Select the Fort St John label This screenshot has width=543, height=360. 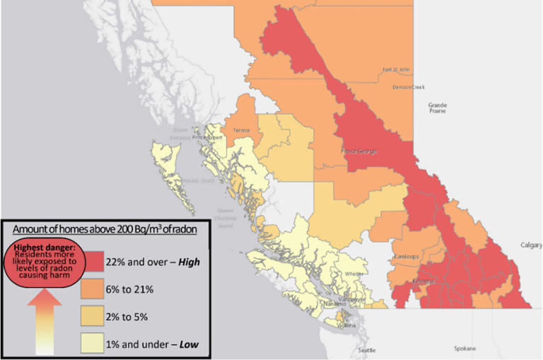(396, 70)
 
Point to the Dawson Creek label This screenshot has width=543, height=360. (408, 87)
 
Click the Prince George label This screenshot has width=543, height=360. (358, 151)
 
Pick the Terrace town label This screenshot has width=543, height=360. (242, 131)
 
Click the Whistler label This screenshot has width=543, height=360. (354, 274)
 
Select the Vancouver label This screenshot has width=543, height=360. (351, 299)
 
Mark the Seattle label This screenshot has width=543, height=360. (367, 351)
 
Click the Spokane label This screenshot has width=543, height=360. (465, 349)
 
